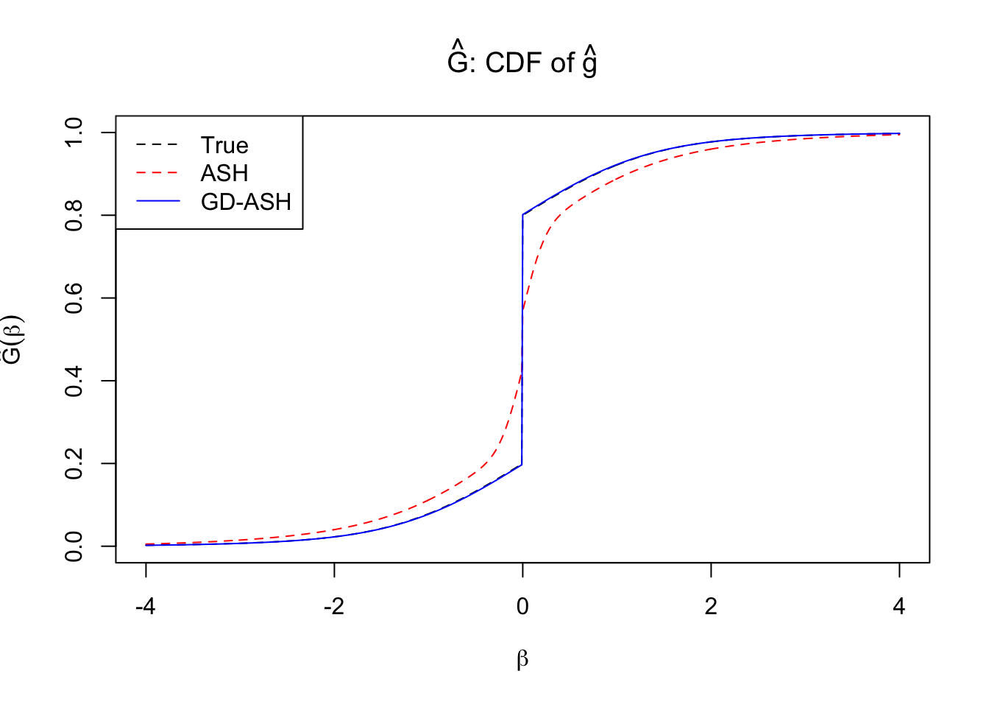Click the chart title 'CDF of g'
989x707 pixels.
[522, 62]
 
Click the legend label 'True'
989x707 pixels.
[224, 145]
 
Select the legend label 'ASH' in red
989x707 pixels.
[224, 173]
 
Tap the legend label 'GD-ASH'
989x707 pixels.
[246, 201]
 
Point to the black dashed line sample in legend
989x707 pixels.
[157, 145]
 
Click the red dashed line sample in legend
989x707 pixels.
[157, 173]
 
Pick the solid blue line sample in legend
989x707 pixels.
[157, 201]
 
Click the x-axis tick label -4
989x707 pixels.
[145, 607]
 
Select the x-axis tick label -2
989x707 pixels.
[333, 607]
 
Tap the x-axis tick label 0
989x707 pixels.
[522, 607]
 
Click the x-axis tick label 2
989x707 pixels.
[711, 607]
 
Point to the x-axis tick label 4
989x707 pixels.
[899, 607]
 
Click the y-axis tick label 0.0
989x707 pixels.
[74, 546]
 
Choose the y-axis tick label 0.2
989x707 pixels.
[74, 464]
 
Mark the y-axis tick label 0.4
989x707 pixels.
[74, 381]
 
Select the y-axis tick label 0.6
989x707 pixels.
[74, 298]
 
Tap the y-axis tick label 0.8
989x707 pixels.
[74, 215]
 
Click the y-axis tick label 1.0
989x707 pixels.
[74, 133]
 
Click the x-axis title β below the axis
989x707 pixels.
[522, 659]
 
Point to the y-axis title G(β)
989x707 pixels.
[13, 340]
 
